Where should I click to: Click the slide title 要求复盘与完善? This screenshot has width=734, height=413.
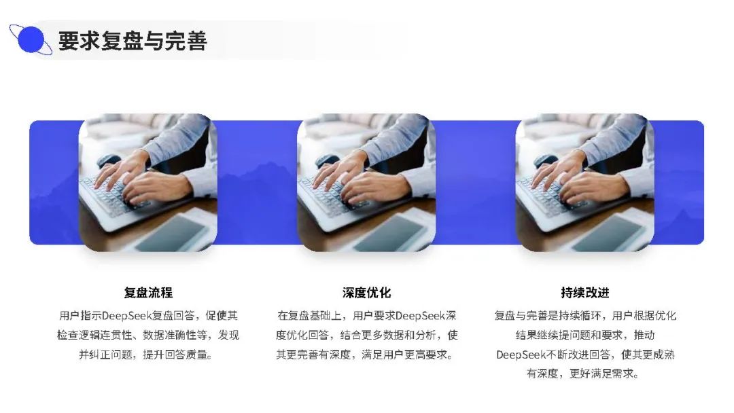pyautogui.click(x=133, y=41)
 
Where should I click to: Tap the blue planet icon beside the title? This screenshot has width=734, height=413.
pyautogui.click(x=31, y=40)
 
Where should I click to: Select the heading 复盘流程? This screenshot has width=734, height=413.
pyautogui.click(x=148, y=293)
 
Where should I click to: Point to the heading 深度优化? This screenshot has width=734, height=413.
pyautogui.click(x=366, y=293)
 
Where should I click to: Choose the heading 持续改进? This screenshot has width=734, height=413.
pyautogui.click(x=585, y=293)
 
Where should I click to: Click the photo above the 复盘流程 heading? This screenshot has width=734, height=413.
pyautogui.click(x=148, y=183)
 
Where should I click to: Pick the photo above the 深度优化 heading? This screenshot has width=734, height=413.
pyautogui.click(x=366, y=183)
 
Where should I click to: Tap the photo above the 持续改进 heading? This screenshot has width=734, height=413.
pyautogui.click(x=585, y=183)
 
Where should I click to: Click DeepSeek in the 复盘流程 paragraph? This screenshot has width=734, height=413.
pyautogui.click(x=127, y=316)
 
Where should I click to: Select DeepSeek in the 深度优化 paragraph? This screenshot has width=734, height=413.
pyautogui.click(x=421, y=316)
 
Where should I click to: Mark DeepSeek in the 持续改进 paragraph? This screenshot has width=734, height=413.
pyautogui.click(x=521, y=355)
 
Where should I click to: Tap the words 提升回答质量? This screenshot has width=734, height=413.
pyautogui.click(x=175, y=355)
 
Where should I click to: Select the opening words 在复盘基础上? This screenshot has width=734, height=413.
pyautogui.click(x=309, y=316)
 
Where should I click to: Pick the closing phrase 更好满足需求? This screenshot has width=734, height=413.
pyautogui.click(x=602, y=374)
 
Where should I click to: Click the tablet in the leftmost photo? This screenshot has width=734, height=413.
pyautogui.click(x=174, y=232)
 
